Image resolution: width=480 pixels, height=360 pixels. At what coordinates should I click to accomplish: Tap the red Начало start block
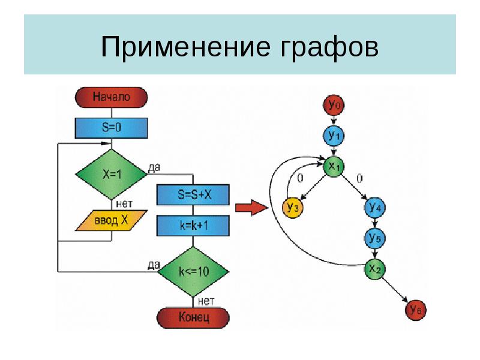tap(111, 97)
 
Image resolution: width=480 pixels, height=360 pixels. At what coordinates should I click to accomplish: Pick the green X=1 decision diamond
tap(111, 174)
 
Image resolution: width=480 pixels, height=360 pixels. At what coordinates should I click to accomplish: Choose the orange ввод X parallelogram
tap(111, 220)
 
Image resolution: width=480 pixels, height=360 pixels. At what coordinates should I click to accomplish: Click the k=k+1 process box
tap(193, 225)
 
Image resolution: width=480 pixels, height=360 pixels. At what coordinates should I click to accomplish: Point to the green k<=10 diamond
tap(193, 271)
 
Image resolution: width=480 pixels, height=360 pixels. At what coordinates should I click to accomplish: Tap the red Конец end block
tap(193, 317)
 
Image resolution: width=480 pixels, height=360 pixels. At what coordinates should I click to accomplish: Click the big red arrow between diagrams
tap(250, 208)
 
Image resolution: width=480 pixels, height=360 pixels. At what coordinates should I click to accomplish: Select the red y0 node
tap(334, 106)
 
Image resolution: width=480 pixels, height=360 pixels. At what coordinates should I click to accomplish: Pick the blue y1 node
tap(334, 136)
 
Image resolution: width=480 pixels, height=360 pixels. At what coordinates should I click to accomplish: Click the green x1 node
tap(334, 167)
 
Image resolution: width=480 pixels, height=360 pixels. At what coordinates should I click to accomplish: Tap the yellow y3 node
tap(292, 208)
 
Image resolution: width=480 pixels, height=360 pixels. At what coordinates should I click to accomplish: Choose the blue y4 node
tap(375, 208)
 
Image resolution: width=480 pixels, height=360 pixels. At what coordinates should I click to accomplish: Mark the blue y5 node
tap(375, 238)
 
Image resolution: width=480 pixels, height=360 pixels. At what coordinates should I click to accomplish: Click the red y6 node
tap(415, 310)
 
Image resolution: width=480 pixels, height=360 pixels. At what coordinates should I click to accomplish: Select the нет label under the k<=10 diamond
tap(206, 301)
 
